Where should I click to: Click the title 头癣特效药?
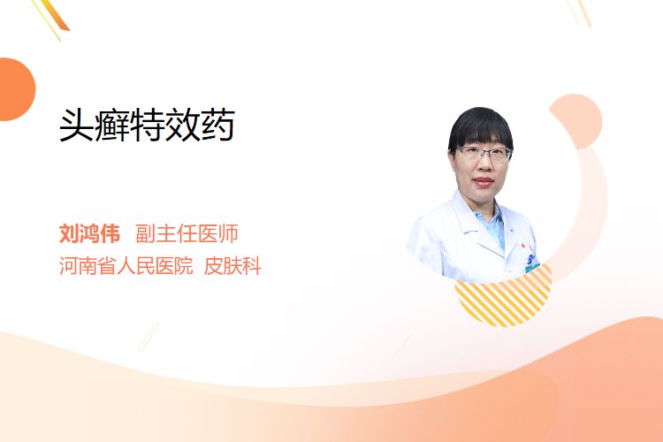(147, 125)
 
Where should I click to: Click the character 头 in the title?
(76, 125)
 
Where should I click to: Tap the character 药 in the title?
(217, 125)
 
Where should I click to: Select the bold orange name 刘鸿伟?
(89, 233)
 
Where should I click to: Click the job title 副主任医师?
(187, 233)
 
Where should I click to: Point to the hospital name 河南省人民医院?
(126, 265)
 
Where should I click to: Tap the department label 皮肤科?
(232, 265)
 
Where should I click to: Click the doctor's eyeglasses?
(484, 154)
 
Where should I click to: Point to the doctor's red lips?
(484, 182)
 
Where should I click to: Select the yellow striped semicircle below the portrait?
(504, 301)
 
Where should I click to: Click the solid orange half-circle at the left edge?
(16, 89)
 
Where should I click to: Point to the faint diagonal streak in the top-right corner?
(579, 12)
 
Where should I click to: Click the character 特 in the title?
(147, 125)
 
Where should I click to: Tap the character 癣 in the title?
(111, 125)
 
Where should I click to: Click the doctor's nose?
(484, 166)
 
